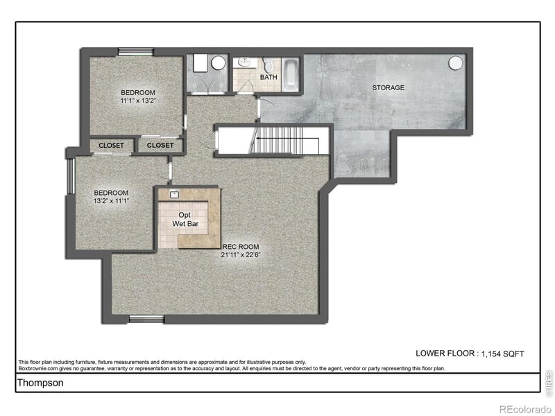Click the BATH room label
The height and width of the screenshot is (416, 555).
[268, 78]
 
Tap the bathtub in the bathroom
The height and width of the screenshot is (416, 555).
[291, 76]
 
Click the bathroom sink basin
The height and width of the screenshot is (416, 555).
[243, 63]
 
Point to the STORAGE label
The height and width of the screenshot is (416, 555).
[388, 88]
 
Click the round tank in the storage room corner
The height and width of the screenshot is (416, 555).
[455, 63]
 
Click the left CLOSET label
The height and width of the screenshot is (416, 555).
[111, 146]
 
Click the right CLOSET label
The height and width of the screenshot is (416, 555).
[160, 146]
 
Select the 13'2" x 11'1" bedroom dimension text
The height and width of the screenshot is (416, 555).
[112, 200]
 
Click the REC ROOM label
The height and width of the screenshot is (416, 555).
[240, 247]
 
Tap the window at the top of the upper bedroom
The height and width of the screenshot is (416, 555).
[135, 51]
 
